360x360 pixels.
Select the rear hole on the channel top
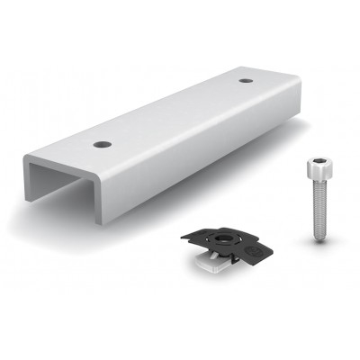tap(246, 82)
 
